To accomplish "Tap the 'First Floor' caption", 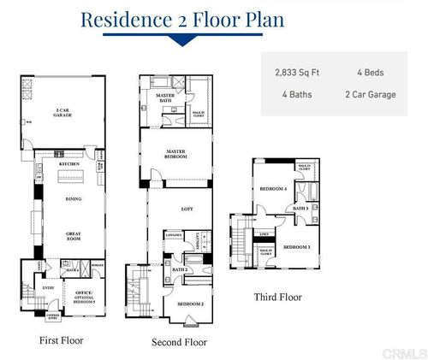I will click(x=62, y=339).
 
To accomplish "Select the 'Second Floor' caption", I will click(x=179, y=342).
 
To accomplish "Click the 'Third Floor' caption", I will click(x=277, y=298).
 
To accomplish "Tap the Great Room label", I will click(x=73, y=237).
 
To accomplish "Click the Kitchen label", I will click(x=69, y=163).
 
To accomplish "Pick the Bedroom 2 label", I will click(x=189, y=304).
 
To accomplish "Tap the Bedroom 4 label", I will click(x=273, y=189).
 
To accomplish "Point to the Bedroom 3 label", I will click(x=296, y=247).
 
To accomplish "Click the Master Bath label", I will click(x=165, y=97).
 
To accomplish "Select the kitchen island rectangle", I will click(x=74, y=179).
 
